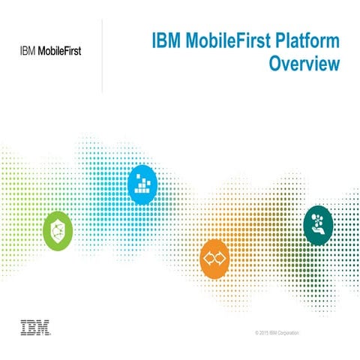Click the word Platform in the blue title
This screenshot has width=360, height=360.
tap(304, 40)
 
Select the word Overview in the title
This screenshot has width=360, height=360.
tap(305, 64)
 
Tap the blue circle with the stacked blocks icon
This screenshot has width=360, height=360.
tap(142, 184)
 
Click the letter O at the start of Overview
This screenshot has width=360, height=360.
tap(276, 64)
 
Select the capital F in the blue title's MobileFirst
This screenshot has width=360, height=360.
tap(232, 40)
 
